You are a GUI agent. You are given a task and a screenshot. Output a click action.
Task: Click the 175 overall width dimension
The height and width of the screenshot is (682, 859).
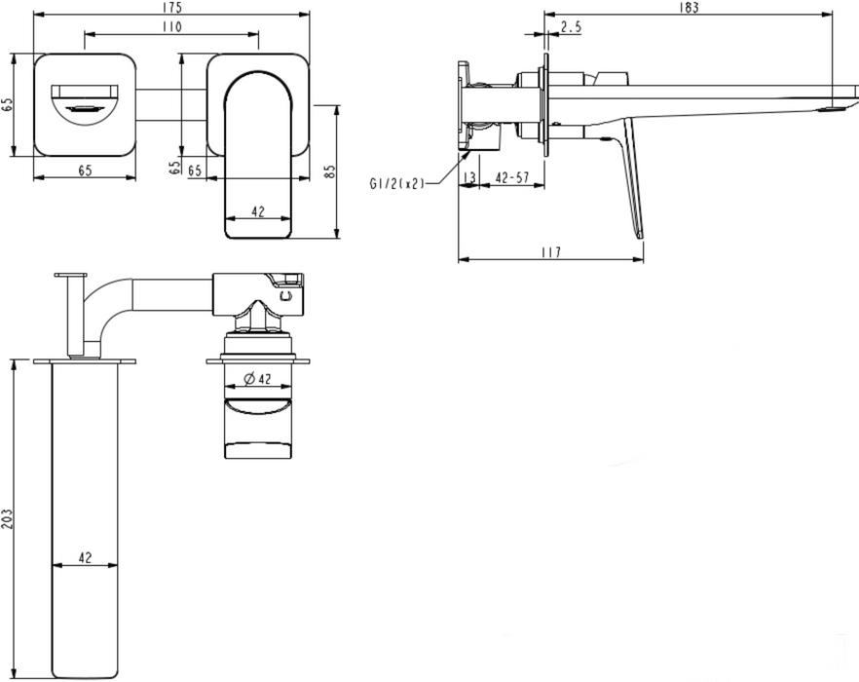click(171, 7)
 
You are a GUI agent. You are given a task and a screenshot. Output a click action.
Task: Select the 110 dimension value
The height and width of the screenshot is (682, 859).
click(171, 26)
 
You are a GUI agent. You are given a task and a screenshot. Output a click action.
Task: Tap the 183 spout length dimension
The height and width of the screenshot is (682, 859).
click(689, 7)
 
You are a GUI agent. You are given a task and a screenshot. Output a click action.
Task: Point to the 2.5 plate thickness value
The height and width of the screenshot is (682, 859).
click(571, 26)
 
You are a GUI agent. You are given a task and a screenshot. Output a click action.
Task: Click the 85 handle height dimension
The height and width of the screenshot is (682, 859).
click(329, 171)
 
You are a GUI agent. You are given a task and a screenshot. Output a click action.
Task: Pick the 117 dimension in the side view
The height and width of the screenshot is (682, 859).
click(550, 252)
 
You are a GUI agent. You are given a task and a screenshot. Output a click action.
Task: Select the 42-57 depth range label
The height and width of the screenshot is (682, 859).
click(512, 177)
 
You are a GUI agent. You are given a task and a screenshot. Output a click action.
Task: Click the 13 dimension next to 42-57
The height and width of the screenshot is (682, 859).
click(469, 177)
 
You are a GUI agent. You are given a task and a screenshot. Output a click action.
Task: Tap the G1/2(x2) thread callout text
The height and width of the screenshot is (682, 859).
click(397, 184)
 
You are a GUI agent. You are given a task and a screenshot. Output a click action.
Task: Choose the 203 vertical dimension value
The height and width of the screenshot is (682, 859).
click(7, 518)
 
